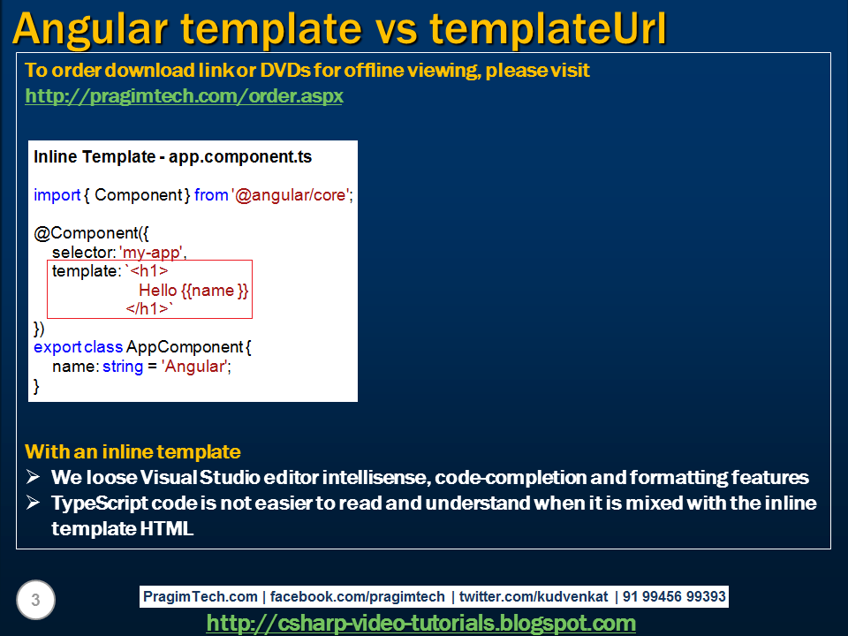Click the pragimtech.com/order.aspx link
click(184, 96)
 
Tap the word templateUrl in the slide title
click(548, 28)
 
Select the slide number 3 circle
click(35, 600)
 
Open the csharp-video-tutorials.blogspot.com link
click(420, 623)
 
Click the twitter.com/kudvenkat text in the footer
click(534, 596)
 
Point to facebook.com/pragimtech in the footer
click(358, 596)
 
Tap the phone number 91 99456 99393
click(674, 596)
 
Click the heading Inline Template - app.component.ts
click(172, 157)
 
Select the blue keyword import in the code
click(57, 194)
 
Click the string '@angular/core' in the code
click(291, 194)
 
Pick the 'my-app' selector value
click(150, 252)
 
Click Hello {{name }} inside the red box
click(193, 291)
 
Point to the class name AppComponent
click(185, 347)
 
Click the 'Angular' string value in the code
click(194, 367)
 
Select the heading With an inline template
click(132, 451)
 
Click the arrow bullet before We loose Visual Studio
click(33, 476)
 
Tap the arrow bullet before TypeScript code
click(33, 503)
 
